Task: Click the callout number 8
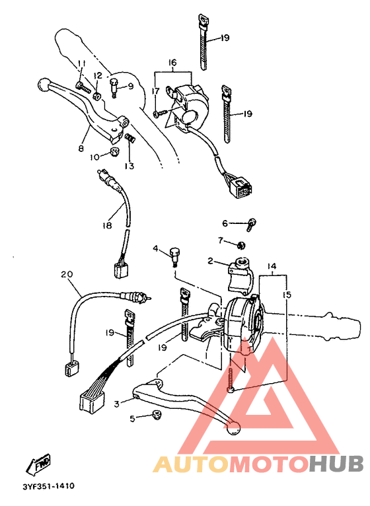tap(81, 149)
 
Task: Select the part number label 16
tap(172, 63)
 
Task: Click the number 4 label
tap(156, 249)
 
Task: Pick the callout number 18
tap(106, 226)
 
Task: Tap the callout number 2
tap(211, 262)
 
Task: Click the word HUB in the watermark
tap(336, 464)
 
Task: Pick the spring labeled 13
tap(129, 139)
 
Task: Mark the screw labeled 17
tap(159, 114)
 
